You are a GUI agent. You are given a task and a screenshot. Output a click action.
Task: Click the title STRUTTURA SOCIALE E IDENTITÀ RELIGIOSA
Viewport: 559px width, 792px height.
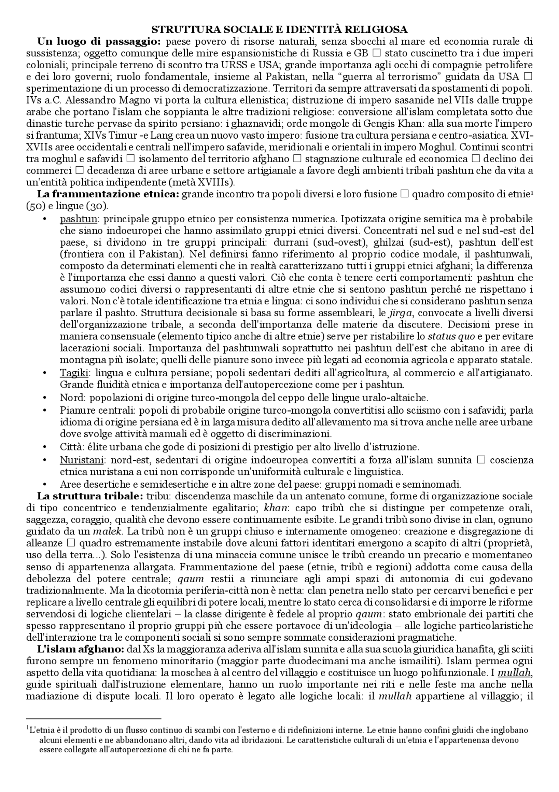click(279, 30)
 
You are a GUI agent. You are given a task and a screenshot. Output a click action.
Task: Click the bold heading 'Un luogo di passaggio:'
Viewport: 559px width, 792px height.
click(100, 42)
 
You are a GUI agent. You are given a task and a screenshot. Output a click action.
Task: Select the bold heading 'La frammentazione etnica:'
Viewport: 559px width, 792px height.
click(108, 194)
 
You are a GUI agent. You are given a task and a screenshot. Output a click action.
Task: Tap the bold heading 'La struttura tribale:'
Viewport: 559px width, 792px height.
click(90, 496)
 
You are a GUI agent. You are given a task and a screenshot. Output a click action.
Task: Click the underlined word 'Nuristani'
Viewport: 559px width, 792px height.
click(82, 460)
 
